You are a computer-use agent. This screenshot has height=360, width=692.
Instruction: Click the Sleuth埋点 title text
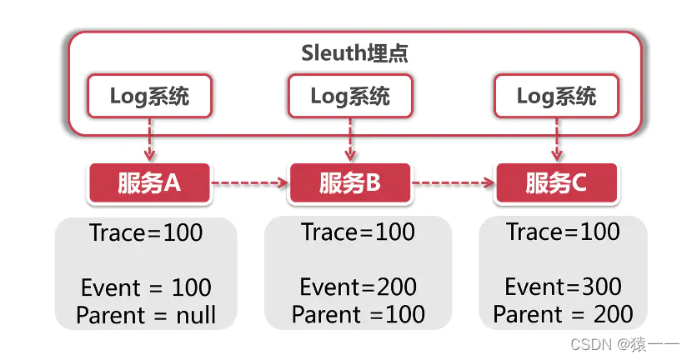[x=354, y=53]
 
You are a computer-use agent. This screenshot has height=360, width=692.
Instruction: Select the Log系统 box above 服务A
[x=149, y=96]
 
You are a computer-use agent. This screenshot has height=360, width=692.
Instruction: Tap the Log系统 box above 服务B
[x=350, y=96]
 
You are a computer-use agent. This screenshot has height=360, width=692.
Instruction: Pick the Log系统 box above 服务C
[x=556, y=96]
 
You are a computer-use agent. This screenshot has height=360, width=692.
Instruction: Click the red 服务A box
[x=149, y=183]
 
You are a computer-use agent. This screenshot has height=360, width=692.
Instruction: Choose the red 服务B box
[x=350, y=183]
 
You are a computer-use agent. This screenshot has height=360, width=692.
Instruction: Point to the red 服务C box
[x=556, y=183]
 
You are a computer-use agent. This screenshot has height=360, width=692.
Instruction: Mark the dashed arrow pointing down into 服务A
[x=149, y=139]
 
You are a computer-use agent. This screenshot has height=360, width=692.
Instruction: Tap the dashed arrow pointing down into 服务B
[x=350, y=139]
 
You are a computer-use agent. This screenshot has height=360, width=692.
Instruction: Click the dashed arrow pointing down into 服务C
[x=556, y=139]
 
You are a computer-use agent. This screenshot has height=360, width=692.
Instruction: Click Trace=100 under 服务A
[x=146, y=233]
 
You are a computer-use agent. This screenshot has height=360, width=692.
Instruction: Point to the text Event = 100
[x=146, y=288]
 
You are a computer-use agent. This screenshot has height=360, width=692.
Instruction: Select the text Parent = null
[x=146, y=315]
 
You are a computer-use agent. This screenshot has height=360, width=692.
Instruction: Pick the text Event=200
[x=358, y=288]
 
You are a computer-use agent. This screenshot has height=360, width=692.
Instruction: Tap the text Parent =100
[x=358, y=315]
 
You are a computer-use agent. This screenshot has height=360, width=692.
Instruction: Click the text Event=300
[x=563, y=287]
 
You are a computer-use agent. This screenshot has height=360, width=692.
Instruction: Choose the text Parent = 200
[x=563, y=314]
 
